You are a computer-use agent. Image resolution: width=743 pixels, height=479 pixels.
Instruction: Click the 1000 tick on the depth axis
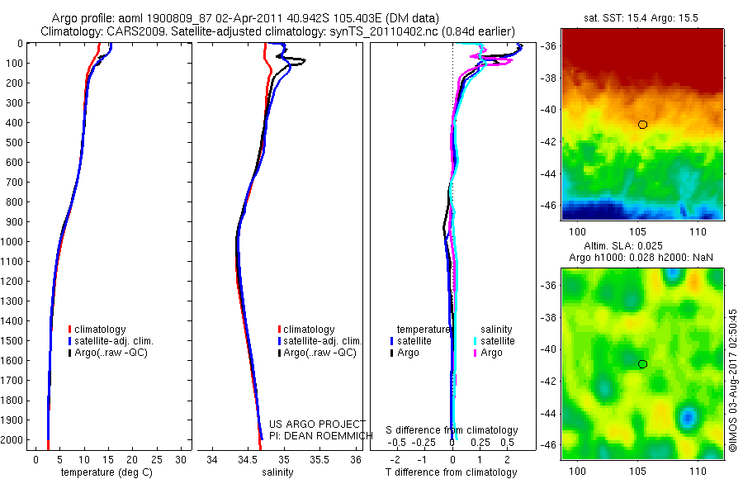click(x=14, y=242)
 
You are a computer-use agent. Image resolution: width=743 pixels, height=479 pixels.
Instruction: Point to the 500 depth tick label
click(x=14, y=142)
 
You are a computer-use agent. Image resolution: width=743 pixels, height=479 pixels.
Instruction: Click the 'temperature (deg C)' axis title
click(x=106, y=472)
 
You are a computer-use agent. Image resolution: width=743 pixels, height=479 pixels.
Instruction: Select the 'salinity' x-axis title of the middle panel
click(x=279, y=472)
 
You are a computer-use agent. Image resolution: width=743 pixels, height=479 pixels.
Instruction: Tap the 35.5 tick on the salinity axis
click(x=319, y=459)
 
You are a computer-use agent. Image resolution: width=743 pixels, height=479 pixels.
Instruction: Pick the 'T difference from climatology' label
click(x=452, y=472)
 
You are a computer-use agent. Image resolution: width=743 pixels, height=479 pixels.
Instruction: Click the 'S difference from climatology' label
click(x=452, y=430)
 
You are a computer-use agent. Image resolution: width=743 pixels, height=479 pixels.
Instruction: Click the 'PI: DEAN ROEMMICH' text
click(x=317, y=435)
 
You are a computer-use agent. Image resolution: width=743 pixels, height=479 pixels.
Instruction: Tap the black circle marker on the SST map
click(x=642, y=125)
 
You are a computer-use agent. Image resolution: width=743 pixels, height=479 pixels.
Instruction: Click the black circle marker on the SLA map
click(x=642, y=364)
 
